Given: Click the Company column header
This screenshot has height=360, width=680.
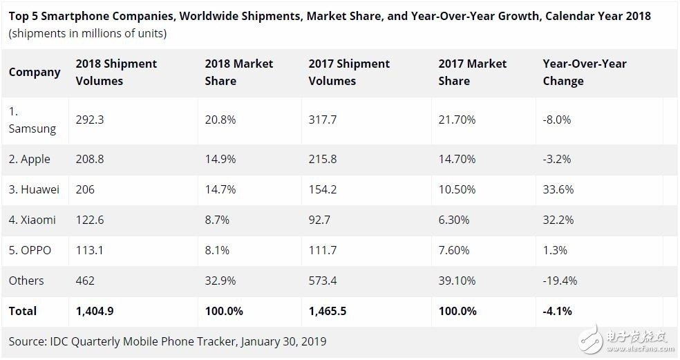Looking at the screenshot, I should [35, 73].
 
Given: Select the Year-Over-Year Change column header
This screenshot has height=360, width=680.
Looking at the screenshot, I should [584, 73].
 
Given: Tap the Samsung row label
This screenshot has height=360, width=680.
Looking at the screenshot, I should [32, 120].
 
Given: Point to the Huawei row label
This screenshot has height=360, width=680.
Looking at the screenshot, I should [34, 189].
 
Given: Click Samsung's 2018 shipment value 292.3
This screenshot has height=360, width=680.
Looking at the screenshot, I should [90, 120].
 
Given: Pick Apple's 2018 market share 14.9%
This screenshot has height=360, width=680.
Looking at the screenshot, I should [220, 159].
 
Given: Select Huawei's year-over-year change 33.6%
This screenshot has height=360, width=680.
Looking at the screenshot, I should [558, 189].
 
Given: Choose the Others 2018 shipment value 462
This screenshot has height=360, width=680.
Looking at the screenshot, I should [85, 281].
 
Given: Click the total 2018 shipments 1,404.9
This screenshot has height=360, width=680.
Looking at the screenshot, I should [95, 311].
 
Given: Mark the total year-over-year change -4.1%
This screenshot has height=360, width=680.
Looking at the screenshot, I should [557, 311].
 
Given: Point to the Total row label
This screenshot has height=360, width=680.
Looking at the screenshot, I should [23, 311].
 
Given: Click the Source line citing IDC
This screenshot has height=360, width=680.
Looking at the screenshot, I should [167, 341].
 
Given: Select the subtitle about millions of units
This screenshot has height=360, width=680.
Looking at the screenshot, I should [87, 33].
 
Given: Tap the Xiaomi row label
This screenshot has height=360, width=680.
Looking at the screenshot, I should [32, 220].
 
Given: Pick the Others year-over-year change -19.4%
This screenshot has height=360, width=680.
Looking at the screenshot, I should [560, 281].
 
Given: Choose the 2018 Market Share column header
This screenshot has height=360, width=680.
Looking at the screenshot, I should [238, 73].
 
